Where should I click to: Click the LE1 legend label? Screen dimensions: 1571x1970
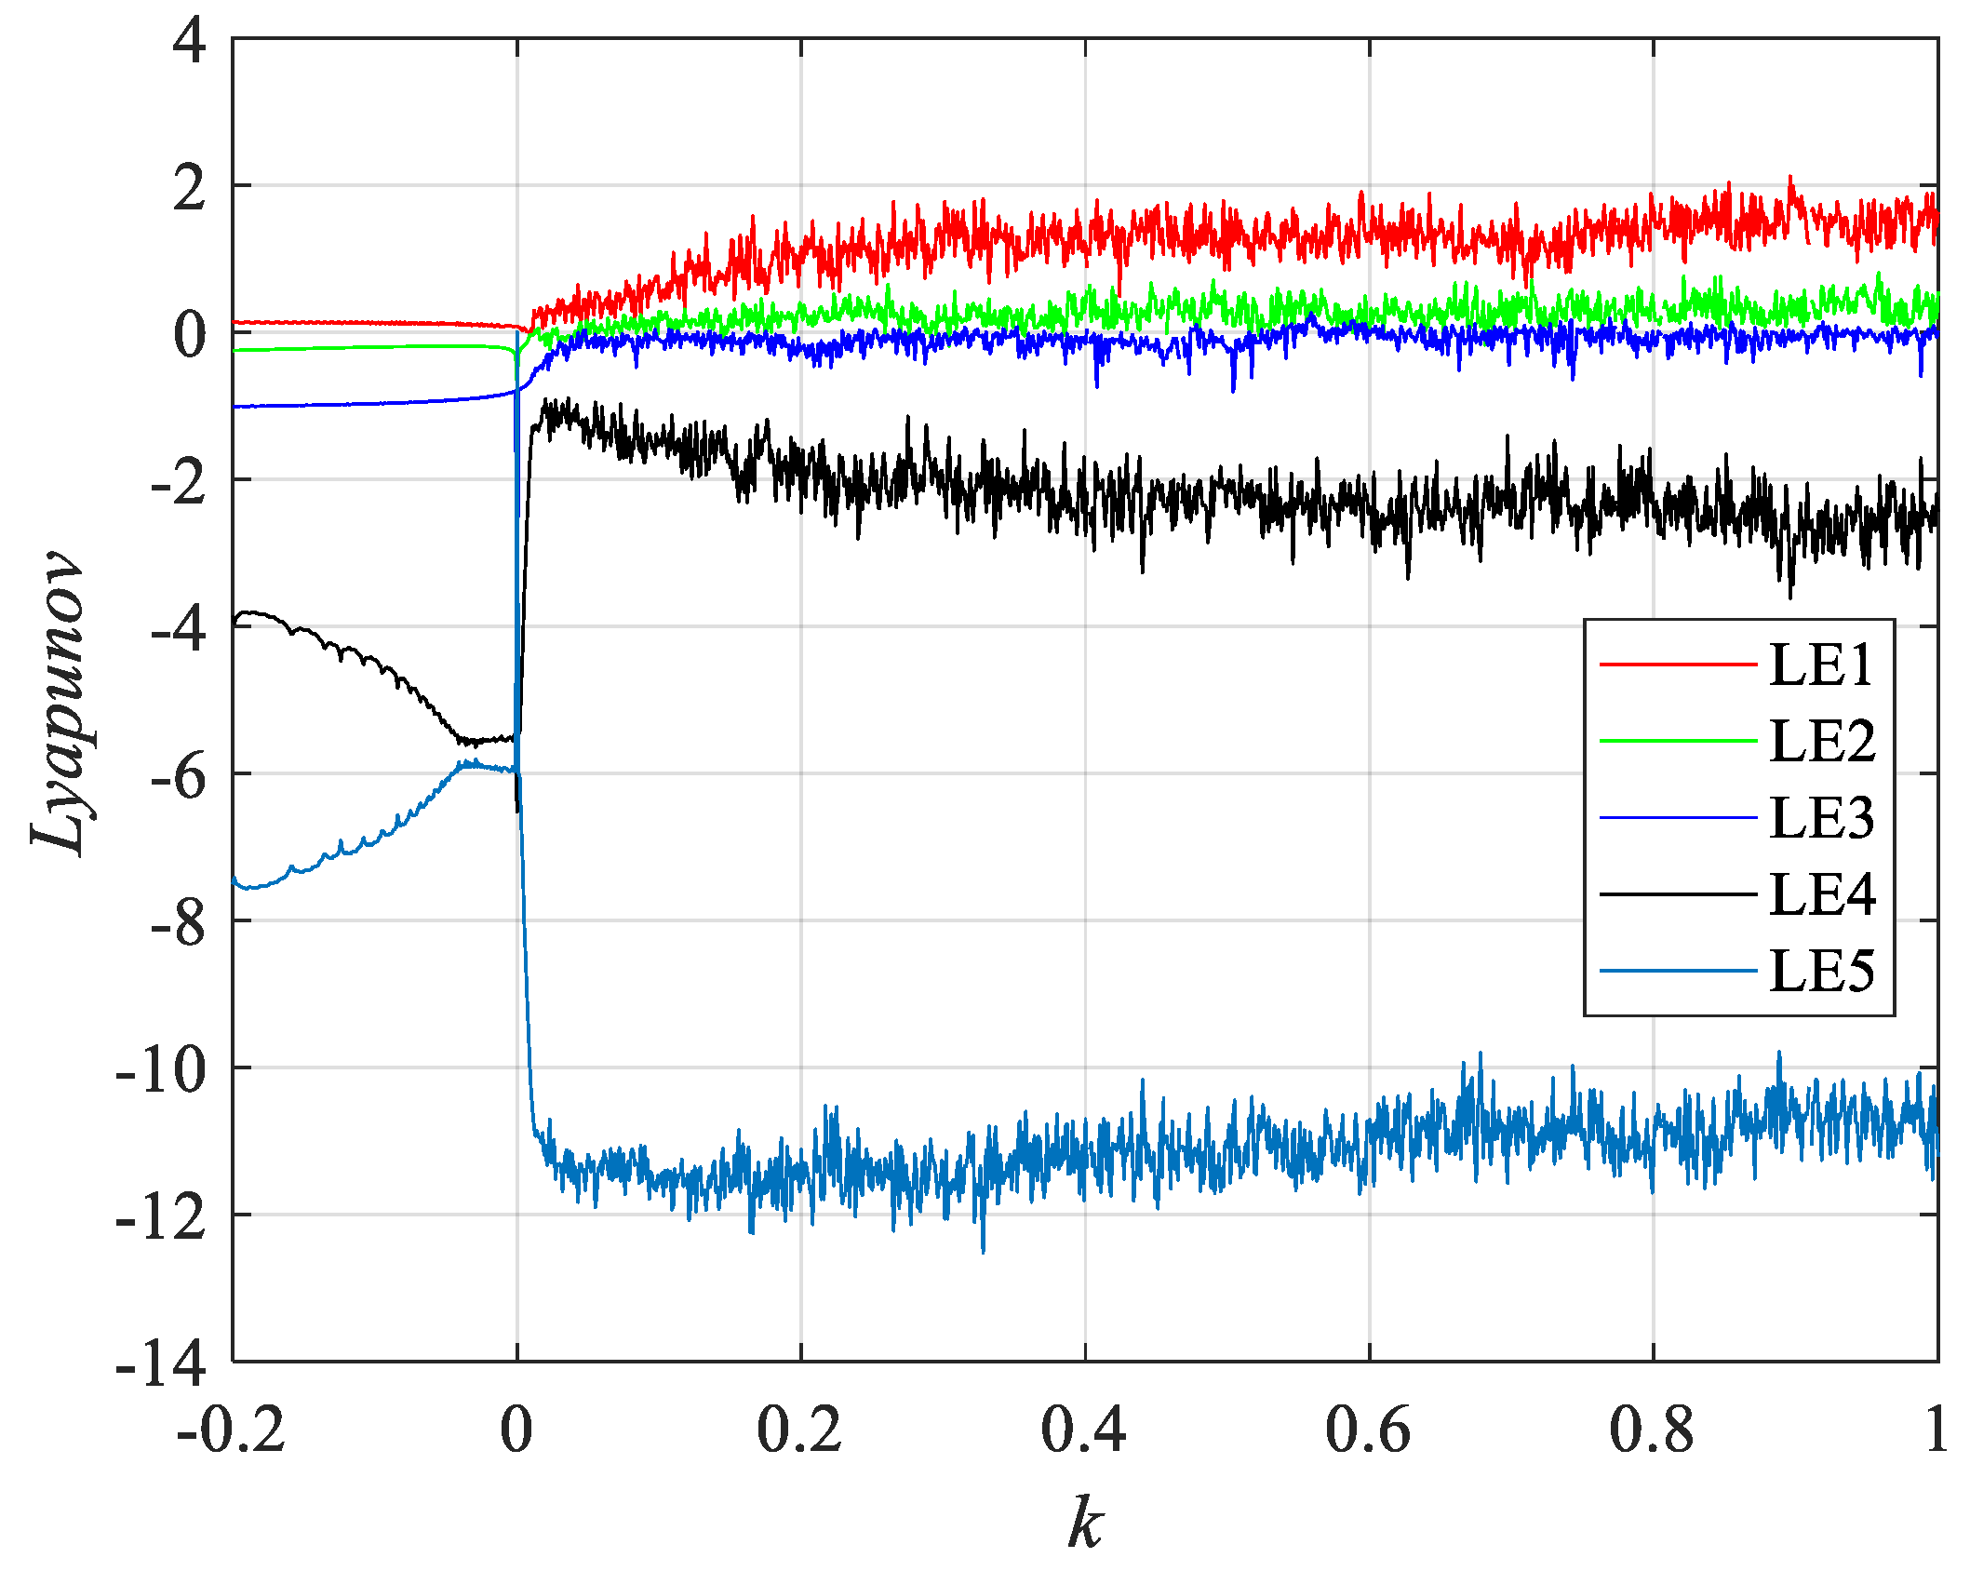pos(1821,665)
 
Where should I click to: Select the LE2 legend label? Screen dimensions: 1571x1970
pos(1821,742)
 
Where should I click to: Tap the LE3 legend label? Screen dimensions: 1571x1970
pos(1821,818)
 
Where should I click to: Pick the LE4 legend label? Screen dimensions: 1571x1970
pos(1821,894)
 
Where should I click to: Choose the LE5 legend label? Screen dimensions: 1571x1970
pos(1821,972)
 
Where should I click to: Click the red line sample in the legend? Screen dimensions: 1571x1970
pos(1678,665)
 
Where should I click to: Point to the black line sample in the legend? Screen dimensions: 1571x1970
pos(1678,894)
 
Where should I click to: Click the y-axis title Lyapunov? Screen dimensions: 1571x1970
pos(58,702)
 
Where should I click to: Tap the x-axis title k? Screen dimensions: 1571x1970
pos(1085,1524)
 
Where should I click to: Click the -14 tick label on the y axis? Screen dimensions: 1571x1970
pos(161,1365)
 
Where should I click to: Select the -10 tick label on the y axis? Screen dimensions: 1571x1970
pos(161,1070)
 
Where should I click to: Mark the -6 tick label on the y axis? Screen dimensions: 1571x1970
pos(177,776)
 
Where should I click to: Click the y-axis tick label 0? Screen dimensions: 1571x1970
pos(189,335)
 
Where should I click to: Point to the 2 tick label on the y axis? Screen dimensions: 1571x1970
pos(189,188)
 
